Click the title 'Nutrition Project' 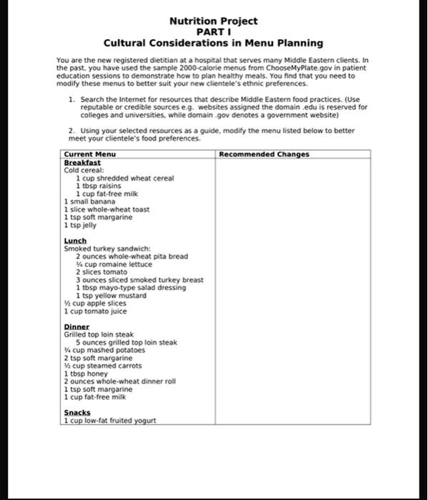214,21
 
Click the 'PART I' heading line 214,32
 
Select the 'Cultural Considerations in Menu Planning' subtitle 214,44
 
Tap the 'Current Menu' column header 90,154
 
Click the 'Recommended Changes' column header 264,154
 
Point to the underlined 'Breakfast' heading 82,163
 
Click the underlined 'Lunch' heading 75,241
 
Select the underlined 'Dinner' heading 76,327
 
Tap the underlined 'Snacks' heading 77,413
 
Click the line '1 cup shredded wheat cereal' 125,179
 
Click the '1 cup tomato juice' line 96,311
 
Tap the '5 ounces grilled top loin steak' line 126,343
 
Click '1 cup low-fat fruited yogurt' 109,421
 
